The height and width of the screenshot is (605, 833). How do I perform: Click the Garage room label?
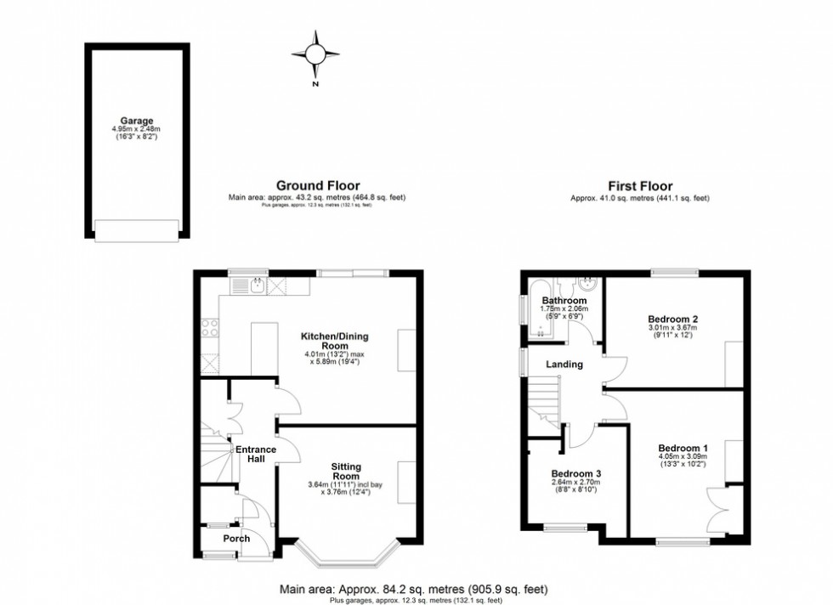tap(136, 121)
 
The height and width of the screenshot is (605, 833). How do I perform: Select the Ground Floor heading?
tap(317, 185)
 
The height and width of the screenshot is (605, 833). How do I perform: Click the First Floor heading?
tap(639, 185)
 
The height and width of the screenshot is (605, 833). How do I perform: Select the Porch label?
tap(236, 539)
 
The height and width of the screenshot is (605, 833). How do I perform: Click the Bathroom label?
tap(564, 301)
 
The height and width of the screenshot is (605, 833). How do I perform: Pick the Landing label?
tap(564, 365)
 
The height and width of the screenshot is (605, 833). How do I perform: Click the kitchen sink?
tap(257, 286)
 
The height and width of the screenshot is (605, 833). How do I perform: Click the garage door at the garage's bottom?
tap(137, 229)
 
